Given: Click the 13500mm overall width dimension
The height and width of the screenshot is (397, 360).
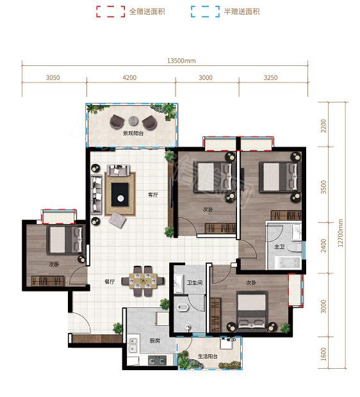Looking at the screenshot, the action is tap(181, 61).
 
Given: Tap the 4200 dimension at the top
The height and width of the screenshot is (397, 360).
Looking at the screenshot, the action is tap(129, 77).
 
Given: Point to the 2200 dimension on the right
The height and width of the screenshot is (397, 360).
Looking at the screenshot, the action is tap(323, 126).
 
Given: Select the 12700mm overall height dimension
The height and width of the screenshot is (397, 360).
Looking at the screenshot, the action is tap(340, 233).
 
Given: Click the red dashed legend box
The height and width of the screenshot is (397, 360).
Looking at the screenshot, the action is tap(111, 12).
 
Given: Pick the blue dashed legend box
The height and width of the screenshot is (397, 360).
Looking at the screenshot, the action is tap(205, 12).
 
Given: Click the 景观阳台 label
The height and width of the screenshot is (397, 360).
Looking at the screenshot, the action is tap(133, 133).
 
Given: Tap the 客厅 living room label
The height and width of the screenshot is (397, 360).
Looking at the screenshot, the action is tap(153, 195).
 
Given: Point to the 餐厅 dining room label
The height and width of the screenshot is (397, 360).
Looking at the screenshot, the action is tap(110, 282).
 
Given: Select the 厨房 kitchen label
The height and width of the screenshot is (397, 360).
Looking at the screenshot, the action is tap(154, 341).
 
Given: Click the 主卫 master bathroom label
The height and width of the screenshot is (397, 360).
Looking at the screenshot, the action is tap(279, 247).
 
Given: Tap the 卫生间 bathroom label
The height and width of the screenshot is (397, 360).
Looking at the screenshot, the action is tap(195, 282).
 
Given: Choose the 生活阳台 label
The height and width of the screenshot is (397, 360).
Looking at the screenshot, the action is tap(208, 356).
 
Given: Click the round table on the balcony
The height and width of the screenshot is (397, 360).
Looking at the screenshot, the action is tap(133, 121).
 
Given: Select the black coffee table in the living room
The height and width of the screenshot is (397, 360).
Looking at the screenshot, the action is tap(120, 195).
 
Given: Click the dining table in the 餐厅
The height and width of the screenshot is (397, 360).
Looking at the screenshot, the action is tap(143, 281).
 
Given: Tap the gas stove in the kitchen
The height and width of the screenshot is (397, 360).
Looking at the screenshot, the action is tap(157, 361).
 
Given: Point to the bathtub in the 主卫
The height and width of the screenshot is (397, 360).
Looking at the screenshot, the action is tap(288, 263).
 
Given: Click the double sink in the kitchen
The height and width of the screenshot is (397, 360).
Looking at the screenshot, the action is tap(133, 345).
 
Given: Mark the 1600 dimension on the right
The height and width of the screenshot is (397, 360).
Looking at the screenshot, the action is tap(323, 353).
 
